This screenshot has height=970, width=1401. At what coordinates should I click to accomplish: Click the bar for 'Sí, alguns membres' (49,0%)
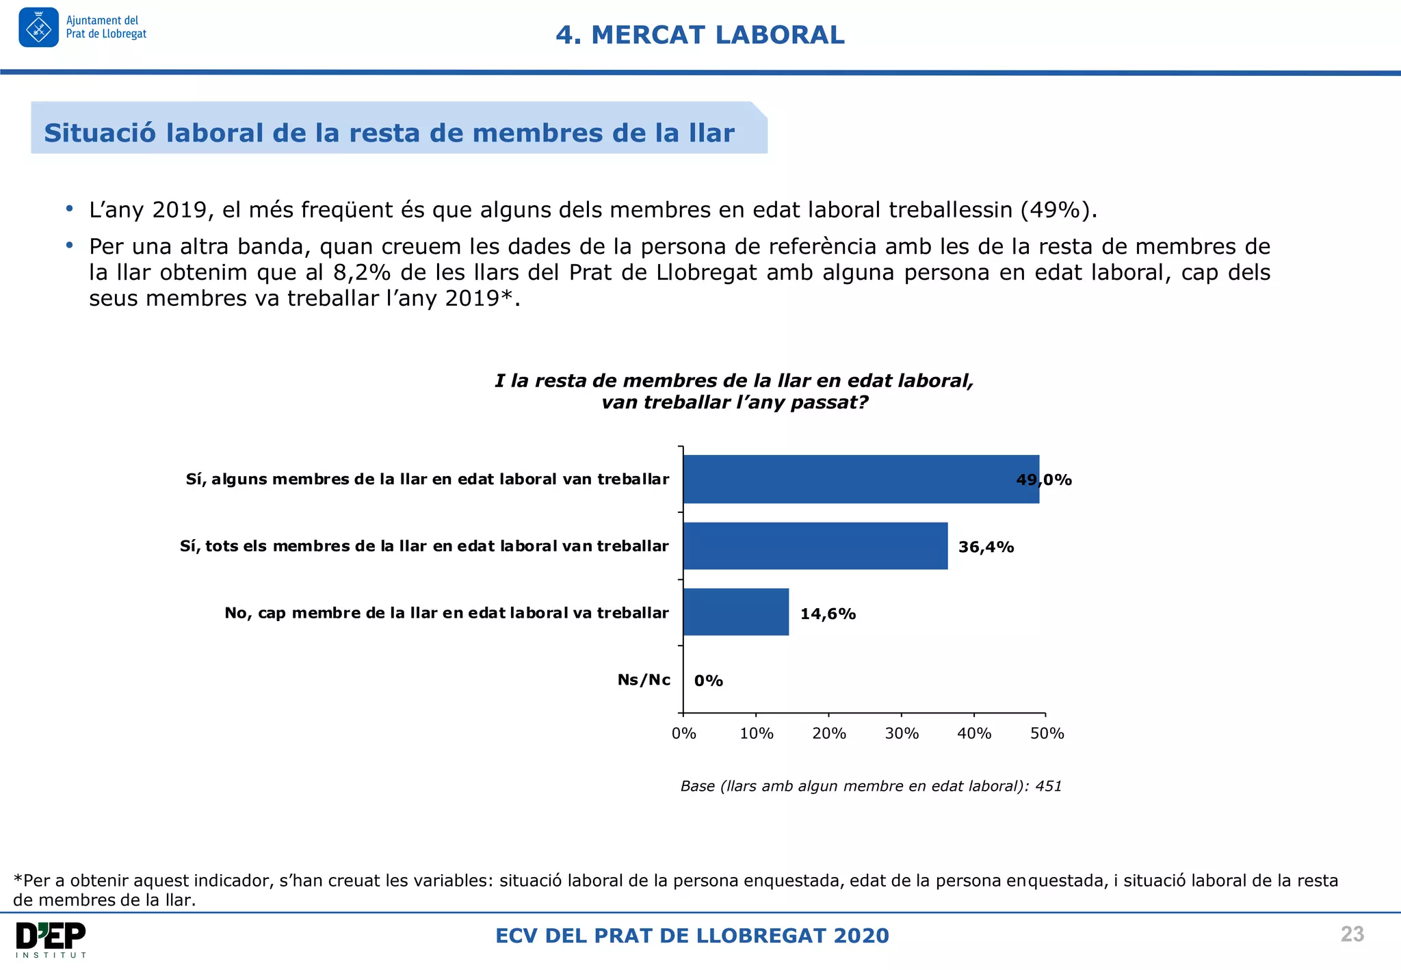pos(861,479)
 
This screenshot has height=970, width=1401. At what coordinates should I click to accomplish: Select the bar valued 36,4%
pos(815,546)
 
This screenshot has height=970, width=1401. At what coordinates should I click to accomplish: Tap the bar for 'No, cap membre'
pos(735,612)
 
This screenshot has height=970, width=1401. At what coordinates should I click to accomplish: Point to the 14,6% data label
pos(828,614)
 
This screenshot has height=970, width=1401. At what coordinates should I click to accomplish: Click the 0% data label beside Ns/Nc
pos(708,681)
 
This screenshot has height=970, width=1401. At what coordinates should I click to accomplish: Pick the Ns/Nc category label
pos(643,679)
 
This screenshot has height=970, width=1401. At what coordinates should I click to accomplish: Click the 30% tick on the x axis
pos(902,733)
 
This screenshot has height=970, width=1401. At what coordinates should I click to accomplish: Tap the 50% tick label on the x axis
pos(1047,733)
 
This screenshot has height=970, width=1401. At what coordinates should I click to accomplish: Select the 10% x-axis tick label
pos(756,733)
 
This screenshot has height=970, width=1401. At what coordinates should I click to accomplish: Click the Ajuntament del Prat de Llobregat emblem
pos(39,27)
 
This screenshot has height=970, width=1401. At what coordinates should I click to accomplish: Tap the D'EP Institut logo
pos(51,939)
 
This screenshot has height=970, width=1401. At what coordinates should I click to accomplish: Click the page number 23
pos(1352,934)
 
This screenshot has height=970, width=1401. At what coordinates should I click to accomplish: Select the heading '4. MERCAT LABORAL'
pos(700,35)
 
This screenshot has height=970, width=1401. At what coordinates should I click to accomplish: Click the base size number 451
pos(1048,786)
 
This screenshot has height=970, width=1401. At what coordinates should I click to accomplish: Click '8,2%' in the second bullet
pos(361,272)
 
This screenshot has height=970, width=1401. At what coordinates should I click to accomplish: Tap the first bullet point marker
pos(69,208)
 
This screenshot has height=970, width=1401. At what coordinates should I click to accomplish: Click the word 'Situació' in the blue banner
pos(101,133)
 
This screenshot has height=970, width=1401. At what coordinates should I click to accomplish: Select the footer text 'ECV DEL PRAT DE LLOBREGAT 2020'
pos(692,935)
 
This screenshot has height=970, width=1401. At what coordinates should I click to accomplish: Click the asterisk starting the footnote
pos(18,879)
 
